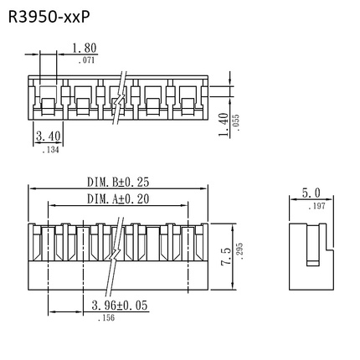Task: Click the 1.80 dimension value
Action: [x=85, y=49]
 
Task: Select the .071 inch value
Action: [x=86, y=60]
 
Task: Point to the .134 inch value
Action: [x=50, y=149]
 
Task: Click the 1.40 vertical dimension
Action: [x=224, y=123]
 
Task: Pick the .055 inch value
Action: [x=237, y=122]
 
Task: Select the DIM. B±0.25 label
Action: [x=118, y=182]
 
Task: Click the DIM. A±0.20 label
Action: [x=118, y=198]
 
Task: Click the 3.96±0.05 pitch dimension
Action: [x=119, y=306]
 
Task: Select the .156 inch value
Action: [x=106, y=318]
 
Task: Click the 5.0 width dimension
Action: [x=311, y=193]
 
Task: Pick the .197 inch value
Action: [x=316, y=206]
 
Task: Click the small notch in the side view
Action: [x=312, y=262]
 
